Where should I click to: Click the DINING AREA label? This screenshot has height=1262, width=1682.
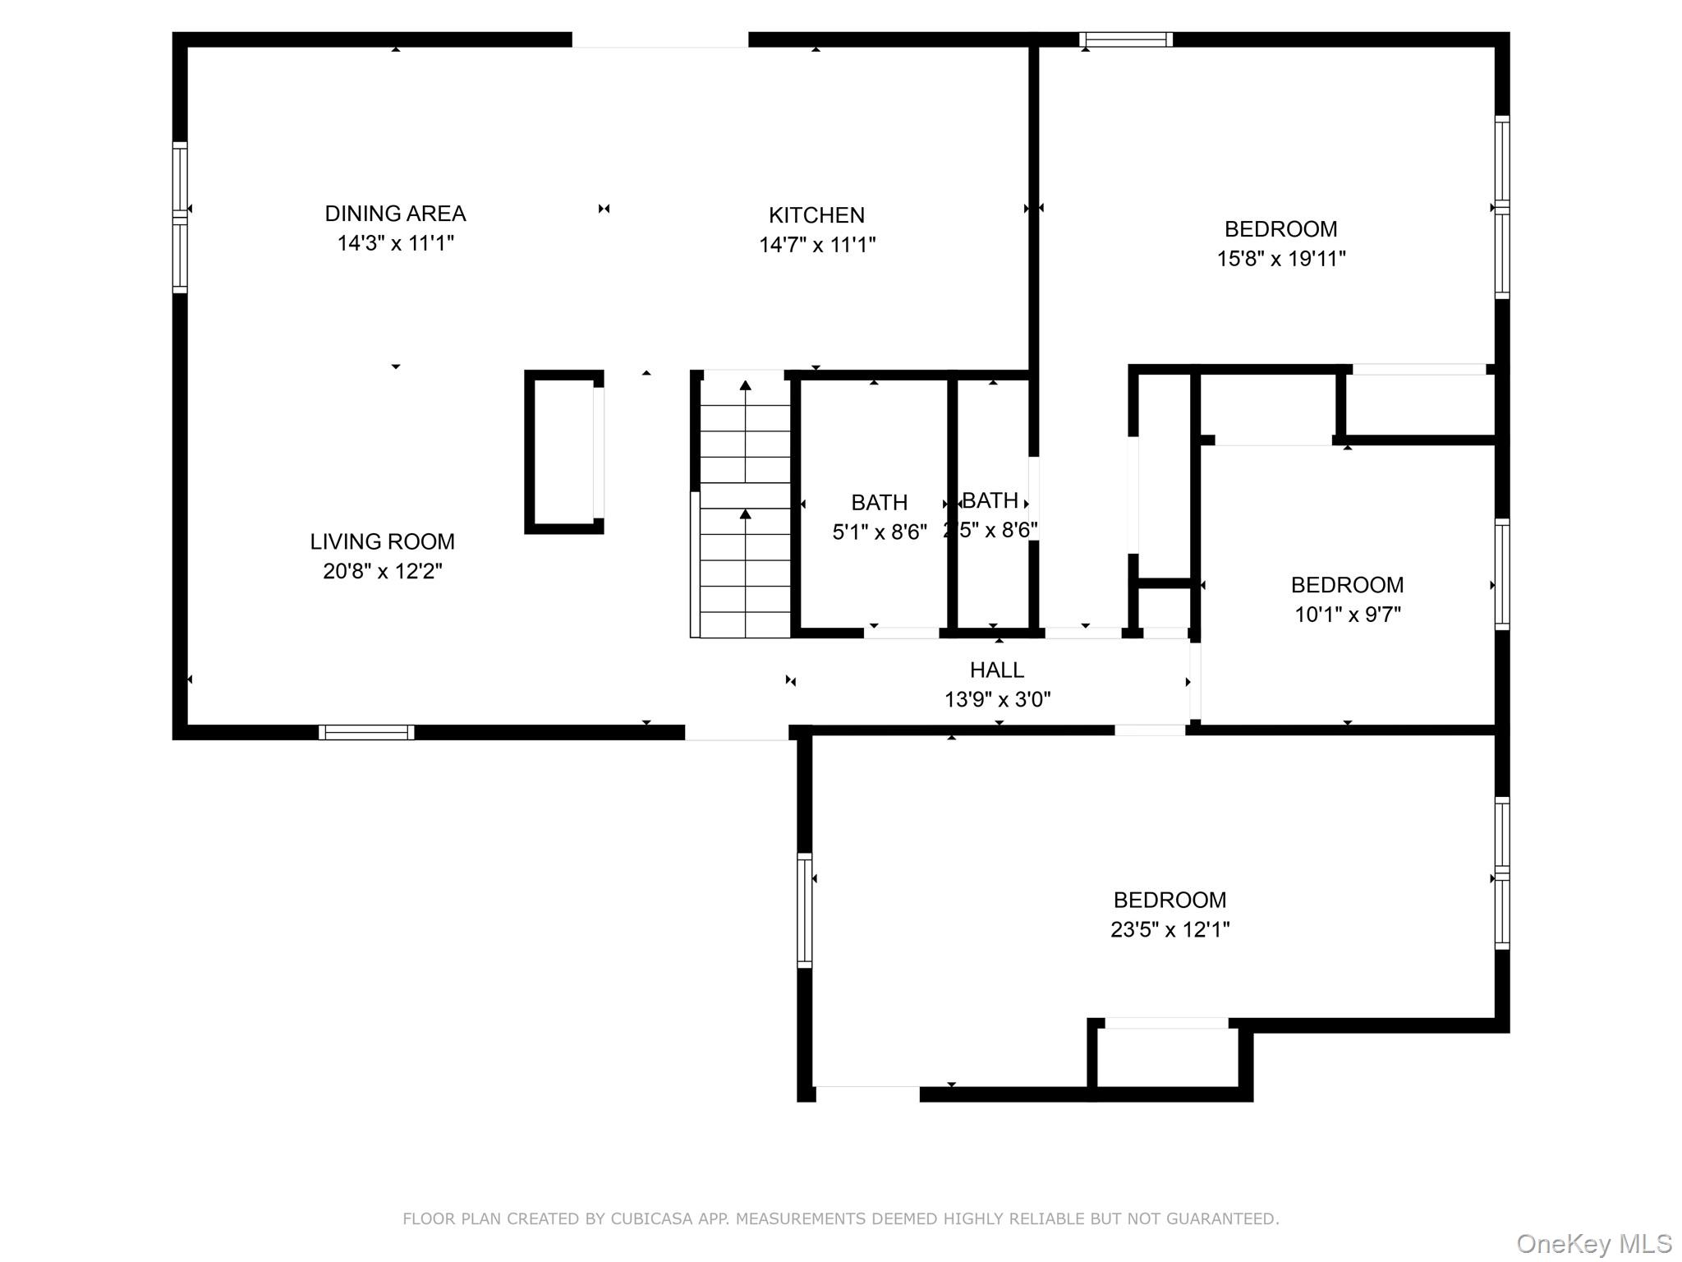pos(395,214)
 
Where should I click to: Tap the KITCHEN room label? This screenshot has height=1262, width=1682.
pos(816,215)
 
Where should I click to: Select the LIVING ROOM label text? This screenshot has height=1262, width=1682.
pos(382,541)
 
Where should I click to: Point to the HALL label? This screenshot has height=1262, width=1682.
pos(997,670)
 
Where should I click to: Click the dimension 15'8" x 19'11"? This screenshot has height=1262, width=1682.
pos(1281,259)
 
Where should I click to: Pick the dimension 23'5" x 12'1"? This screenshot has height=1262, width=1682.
pos(1170,929)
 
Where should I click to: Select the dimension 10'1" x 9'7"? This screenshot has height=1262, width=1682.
pos(1348,615)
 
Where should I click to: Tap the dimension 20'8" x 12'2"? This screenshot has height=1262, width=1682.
pos(383,571)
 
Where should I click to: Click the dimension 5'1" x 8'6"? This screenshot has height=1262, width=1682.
pos(880,532)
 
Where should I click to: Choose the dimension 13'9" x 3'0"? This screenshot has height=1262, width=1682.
pos(998,699)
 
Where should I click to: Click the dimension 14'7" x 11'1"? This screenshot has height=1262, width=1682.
pos(817,245)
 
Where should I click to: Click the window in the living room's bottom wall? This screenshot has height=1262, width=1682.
pos(366,732)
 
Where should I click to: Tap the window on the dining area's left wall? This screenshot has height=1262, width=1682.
pos(180,217)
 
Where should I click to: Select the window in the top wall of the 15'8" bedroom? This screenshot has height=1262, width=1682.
pos(1125,39)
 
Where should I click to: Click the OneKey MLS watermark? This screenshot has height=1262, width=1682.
pos(1594,1244)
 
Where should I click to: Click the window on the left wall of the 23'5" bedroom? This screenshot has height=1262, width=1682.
pos(805,910)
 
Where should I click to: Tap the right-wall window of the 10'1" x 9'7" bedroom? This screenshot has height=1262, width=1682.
pos(1502,574)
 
